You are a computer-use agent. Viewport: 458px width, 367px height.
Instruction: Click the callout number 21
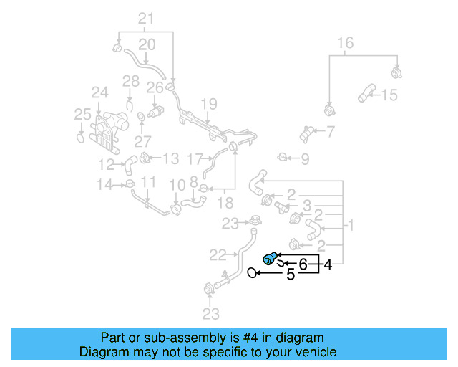(146, 18)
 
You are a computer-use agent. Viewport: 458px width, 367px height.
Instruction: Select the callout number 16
(345, 43)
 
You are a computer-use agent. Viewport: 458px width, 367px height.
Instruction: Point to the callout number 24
(99, 92)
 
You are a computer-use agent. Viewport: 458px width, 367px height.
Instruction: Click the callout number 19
(208, 104)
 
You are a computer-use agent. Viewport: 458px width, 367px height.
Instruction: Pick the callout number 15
(389, 95)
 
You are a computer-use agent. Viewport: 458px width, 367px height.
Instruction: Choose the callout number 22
(218, 254)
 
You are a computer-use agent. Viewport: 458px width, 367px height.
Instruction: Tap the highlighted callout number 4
(328, 265)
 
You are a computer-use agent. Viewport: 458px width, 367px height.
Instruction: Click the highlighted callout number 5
(291, 274)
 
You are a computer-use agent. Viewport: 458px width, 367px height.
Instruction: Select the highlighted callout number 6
(303, 264)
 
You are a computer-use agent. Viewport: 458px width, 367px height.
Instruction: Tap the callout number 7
(330, 131)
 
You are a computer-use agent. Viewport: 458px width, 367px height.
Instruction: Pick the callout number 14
(104, 185)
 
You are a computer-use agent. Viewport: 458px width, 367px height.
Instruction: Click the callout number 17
(195, 158)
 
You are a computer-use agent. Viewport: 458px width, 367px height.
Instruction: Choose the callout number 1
(351, 226)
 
